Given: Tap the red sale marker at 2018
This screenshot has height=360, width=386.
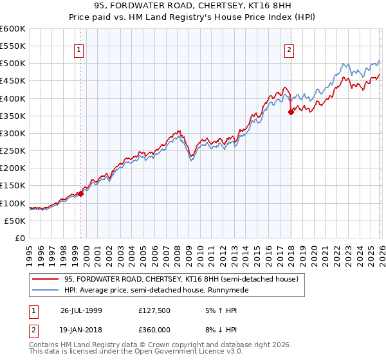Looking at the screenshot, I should [291, 112].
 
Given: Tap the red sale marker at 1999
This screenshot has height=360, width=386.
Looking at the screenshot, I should [81, 193].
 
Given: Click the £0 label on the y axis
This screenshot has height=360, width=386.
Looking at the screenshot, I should [19, 238].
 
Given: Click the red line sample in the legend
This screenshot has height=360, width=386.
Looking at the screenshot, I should [45, 280].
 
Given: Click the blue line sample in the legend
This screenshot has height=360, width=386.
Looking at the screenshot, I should [45, 290].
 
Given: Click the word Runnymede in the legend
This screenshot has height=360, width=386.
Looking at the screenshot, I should [231, 290].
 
